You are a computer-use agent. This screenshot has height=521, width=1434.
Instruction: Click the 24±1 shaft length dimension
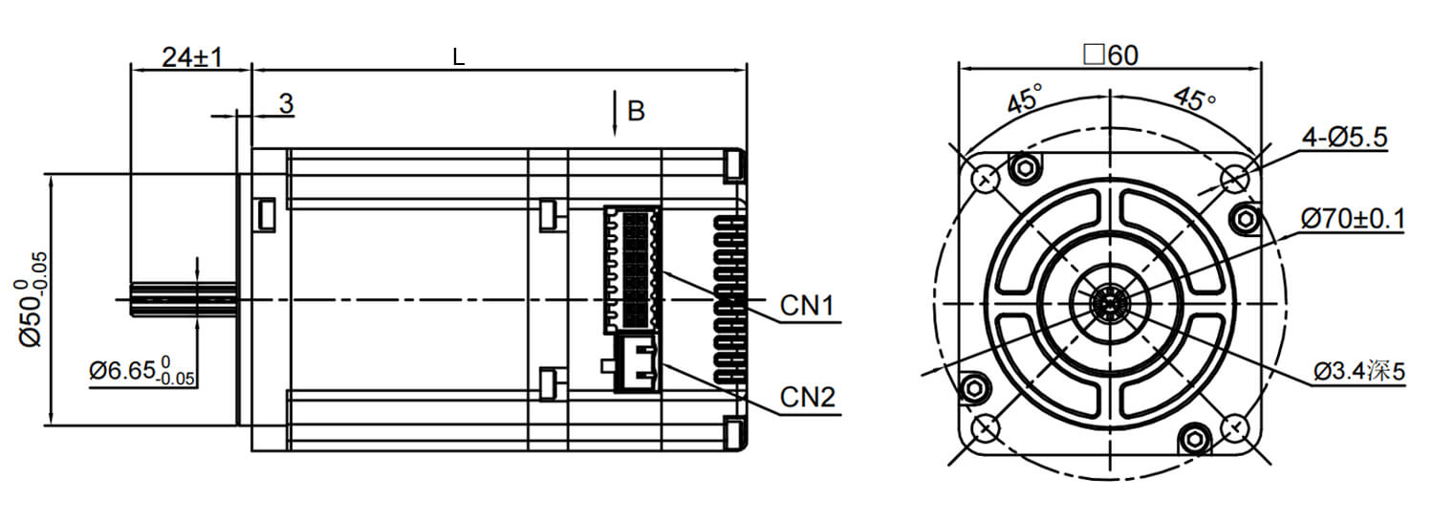point(191,57)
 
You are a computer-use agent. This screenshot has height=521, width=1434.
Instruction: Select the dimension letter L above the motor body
point(459,57)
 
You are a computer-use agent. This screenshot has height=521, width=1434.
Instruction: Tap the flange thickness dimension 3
point(286,104)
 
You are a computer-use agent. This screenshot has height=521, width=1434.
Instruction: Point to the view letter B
point(636,112)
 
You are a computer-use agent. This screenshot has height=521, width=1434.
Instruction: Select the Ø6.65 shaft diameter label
point(142,372)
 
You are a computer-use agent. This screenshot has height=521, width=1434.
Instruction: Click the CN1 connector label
point(808,307)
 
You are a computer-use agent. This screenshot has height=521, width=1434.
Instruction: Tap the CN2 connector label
point(808,397)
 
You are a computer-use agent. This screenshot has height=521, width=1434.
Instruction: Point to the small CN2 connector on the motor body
point(637,362)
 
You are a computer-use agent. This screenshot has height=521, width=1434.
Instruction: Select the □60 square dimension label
point(1110,55)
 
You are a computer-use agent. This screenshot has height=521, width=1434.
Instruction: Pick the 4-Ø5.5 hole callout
point(1344,139)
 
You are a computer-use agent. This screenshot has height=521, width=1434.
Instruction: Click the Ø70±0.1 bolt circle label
point(1352,220)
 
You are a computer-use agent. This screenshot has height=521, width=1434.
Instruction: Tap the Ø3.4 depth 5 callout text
point(1358,371)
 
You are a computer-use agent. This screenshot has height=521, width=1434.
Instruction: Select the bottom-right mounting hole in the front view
point(1234,426)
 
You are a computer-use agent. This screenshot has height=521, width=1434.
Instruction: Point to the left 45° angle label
point(1024,99)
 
